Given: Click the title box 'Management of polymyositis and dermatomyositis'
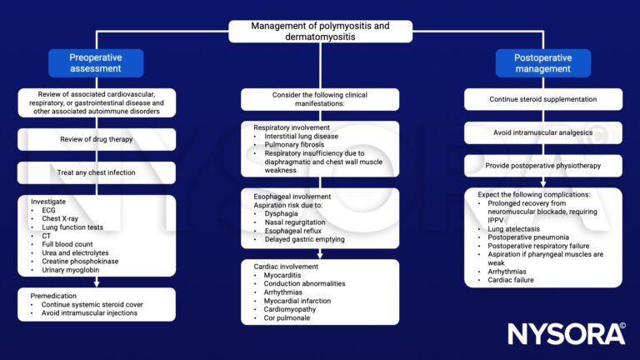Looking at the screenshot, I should coord(320,31).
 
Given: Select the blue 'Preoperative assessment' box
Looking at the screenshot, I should coord(96,63).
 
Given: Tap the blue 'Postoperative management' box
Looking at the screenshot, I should coord(543,63).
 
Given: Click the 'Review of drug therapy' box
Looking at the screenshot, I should coord(96,138).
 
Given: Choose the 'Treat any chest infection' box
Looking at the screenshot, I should coord(96,172).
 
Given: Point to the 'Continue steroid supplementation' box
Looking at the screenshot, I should coord(543,100).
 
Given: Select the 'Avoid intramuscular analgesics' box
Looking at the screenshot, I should coord(543,133).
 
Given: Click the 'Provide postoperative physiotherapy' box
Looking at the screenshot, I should coord(543,167).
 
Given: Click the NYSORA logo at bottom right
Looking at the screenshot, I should coord(566,333).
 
